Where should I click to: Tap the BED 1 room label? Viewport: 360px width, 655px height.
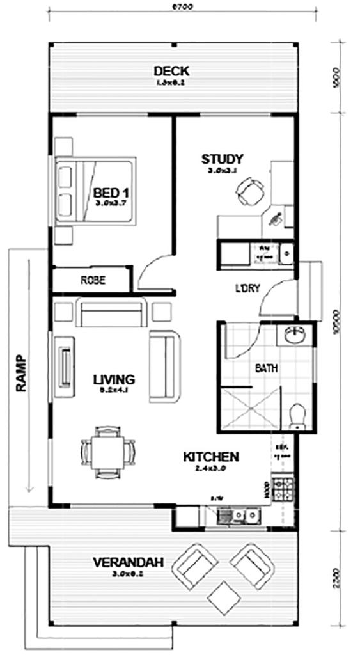[113, 193]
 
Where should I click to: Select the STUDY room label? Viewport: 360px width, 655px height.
[222, 159]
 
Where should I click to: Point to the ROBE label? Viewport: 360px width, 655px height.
[93, 280]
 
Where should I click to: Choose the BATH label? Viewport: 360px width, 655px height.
[266, 368]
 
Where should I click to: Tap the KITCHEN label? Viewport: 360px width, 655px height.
[211, 457]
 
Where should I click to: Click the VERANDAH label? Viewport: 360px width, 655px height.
[128, 563]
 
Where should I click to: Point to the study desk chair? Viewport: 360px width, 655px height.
[249, 190]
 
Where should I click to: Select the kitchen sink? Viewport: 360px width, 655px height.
[246, 514]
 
